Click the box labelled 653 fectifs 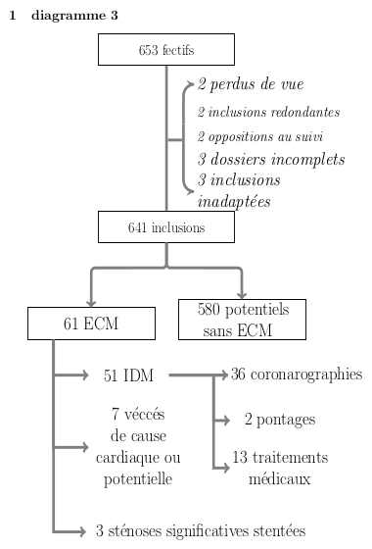[166, 49]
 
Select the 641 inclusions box [166, 227]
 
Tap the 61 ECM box [91, 323]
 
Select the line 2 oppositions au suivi [259, 136]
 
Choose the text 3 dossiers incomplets [271, 159]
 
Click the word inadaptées [234, 202]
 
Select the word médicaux [279, 479]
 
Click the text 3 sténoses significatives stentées [201, 531]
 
